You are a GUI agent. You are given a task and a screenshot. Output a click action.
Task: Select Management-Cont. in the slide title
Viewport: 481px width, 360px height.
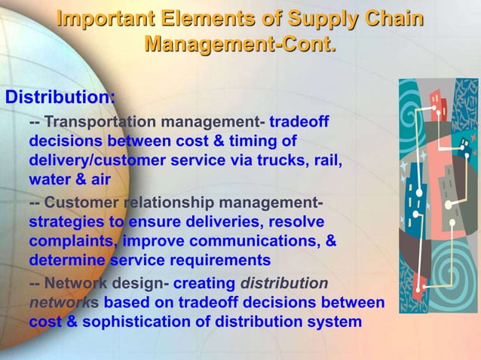240,45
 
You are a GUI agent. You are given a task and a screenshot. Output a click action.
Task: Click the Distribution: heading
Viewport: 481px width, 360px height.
60,98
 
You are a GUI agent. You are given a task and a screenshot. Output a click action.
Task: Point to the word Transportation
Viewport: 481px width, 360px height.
100,122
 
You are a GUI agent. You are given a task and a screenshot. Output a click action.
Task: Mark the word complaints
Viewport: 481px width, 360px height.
72,242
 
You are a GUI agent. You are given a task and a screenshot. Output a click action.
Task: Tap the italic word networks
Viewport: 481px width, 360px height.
63,303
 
